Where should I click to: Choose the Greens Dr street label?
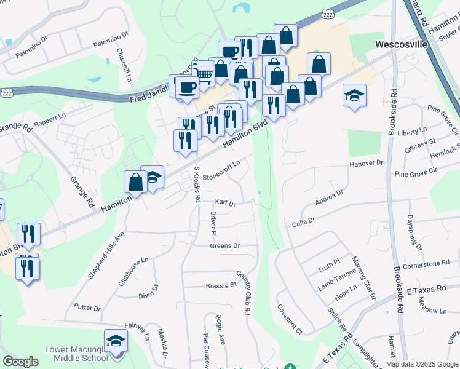pos(224,245)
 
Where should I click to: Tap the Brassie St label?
pos(221,285)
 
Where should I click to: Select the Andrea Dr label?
pos(328,197)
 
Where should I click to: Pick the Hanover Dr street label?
pos(366,163)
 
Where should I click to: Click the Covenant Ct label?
pos(290,319)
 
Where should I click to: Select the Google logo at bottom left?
pos(20,362)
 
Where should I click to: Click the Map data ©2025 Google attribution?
pos(422,364)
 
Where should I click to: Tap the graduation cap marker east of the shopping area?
pos(354,95)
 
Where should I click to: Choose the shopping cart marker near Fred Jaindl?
pos(204,76)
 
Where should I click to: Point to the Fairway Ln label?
pos(137,330)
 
